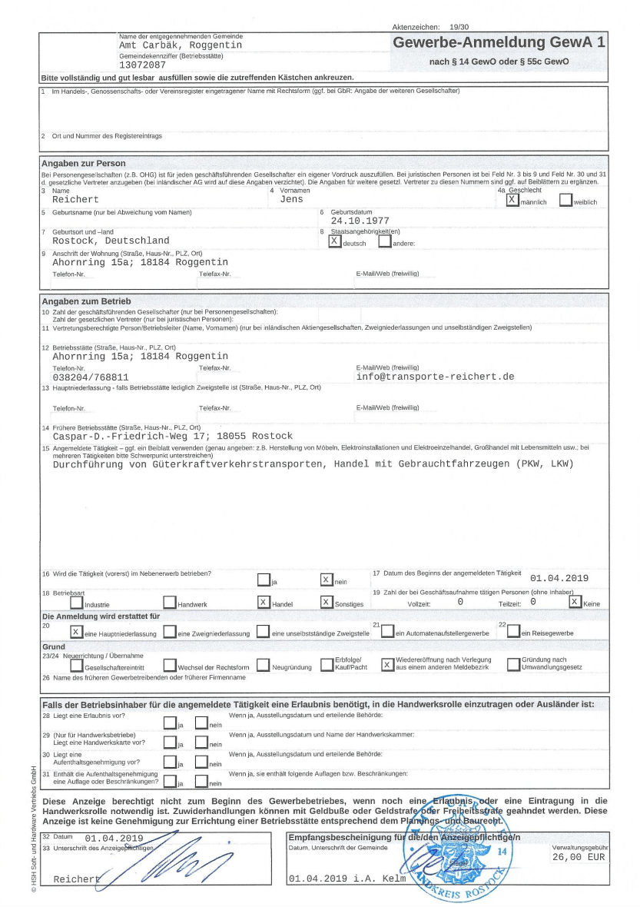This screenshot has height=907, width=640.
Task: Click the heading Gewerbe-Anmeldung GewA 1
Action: tap(499, 43)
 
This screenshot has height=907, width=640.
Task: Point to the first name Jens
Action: tap(291, 200)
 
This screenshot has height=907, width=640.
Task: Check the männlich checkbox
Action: tap(512, 199)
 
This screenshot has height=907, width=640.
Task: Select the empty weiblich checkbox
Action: tap(565, 200)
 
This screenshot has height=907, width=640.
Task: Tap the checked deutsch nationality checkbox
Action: tap(334, 241)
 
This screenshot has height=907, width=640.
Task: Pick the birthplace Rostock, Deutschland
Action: tap(111, 241)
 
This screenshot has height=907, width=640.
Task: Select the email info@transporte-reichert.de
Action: tap(435, 377)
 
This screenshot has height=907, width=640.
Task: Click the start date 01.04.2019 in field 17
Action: tap(559, 578)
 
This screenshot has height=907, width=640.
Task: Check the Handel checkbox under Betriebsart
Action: tap(264, 602)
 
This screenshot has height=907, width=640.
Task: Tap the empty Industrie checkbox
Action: tap(76, 603)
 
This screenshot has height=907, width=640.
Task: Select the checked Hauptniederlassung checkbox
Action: tap(76, 632)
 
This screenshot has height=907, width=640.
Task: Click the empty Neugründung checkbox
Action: tap(264, 665)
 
